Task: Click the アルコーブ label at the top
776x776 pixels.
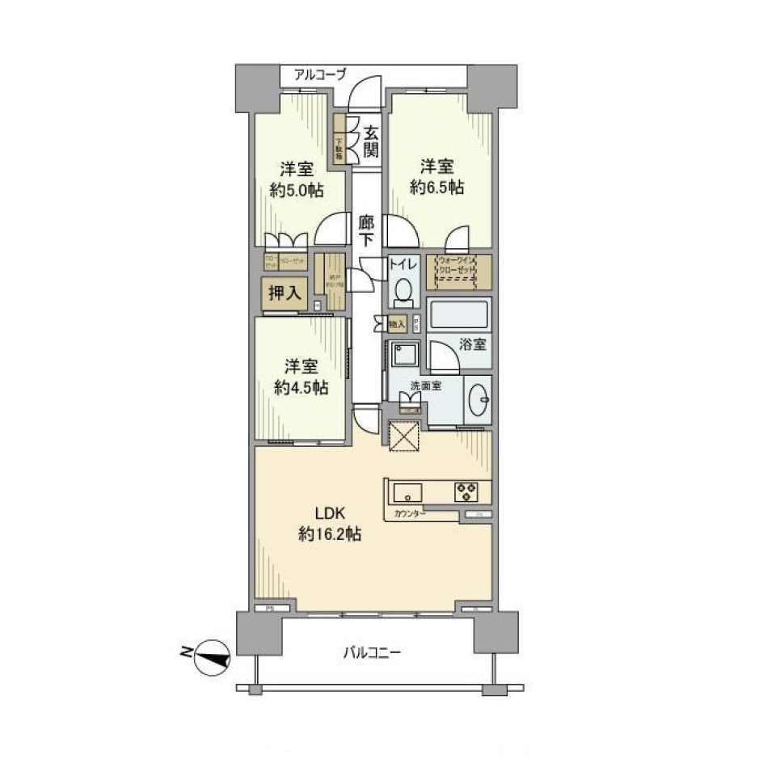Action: pyautogui.click(x=320, y=74)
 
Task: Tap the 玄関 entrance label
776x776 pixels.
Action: pyautogui.click(x=370, y=141)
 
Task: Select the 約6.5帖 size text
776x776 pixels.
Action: pyautogui.click(x=436, y=188)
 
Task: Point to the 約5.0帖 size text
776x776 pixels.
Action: pyautogui.click(x=297, y=191)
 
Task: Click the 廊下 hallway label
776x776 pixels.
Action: pyautogui.click(x=366, y=230)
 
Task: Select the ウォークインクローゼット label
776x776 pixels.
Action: pyautogui.click(x=458, y=266)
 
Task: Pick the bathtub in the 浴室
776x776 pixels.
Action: pyautogui.click(x=458, y=315)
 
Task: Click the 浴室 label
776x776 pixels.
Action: pyautogui.click(x=474, y=344)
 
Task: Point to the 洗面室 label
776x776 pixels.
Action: pyautogui.click(x=425, y=386)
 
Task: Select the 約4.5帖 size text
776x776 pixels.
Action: pyautogui.click(x=301, y=388)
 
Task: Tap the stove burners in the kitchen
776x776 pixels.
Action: pyautogui.click(x=467, y=489)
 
